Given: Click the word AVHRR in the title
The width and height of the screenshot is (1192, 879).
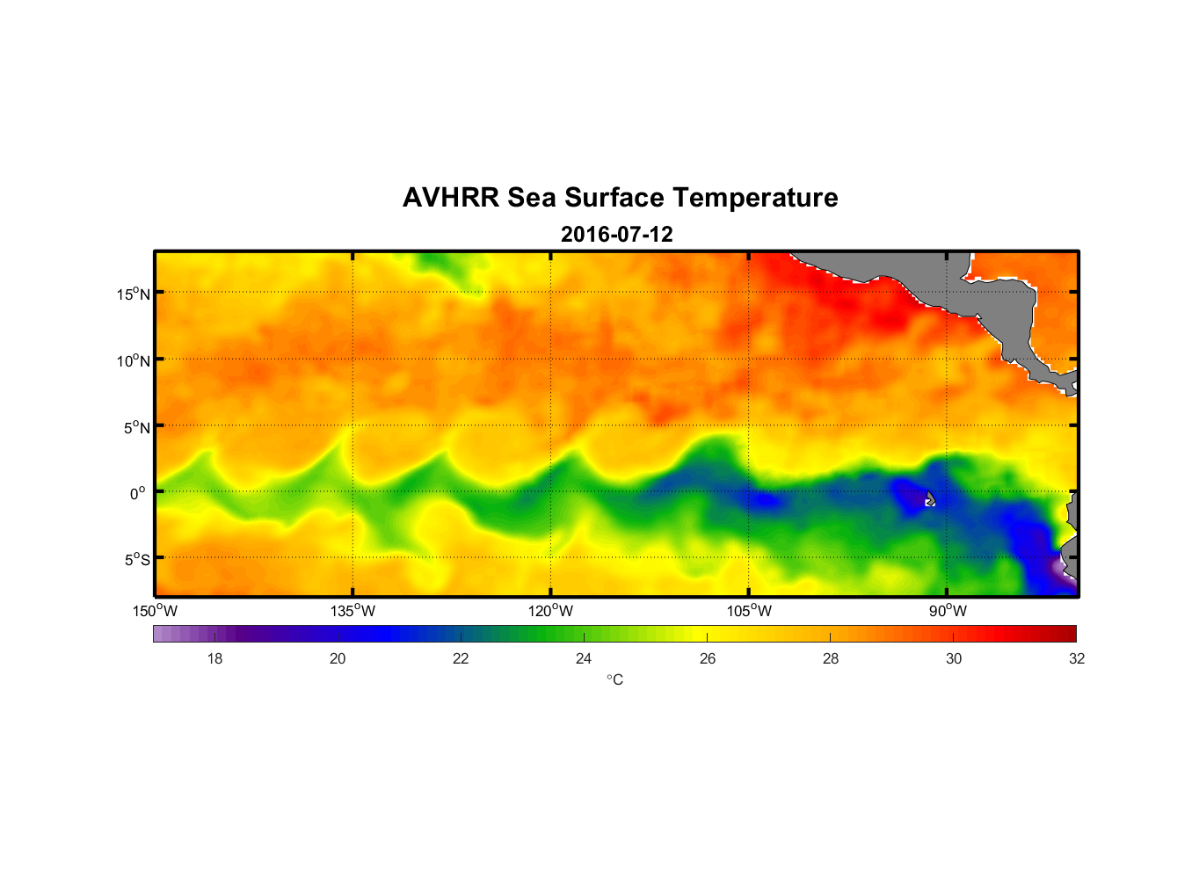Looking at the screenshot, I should click(451, 198).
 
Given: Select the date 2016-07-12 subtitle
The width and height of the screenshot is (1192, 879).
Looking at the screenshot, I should click(616, 235).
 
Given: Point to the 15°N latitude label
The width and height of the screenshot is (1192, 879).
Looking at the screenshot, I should click(134, 294).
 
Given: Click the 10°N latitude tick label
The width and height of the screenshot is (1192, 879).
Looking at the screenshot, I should click(134, 360).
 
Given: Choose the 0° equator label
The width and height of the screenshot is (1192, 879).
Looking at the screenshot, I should click(139, 494).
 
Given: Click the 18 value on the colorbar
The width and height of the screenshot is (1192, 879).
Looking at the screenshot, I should click(214, 658).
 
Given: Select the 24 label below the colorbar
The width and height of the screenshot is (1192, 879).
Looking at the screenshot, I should click(584, 658).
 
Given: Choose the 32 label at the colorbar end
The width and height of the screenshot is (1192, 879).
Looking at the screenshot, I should click(1076, 658).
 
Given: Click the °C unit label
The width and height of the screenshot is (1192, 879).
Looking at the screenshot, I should click(614, 679).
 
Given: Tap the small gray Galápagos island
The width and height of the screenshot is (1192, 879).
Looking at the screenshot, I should click(930, 498).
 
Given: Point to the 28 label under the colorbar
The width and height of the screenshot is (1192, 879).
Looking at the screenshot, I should click(830, 658).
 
